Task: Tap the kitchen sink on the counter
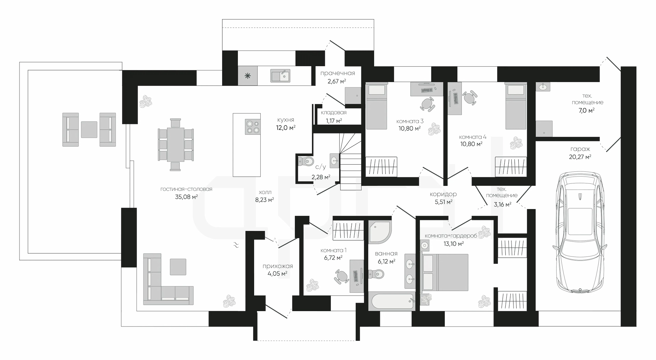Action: pyautogui.click(x=281, y=75)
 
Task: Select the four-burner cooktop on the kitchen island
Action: pyautogui.click(x=252, y=126)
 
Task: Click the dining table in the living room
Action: pyautogui.click(x=176, y=144)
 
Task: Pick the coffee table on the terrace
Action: pyautogui.click(x=89, y=129)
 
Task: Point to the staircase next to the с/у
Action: pyautogui.click(x=351, y=162)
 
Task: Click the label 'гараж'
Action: pyautogui.click(x=580, y=149)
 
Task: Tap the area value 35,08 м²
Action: pyautogui.click(x=186, y=197)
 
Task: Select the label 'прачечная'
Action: pyautogui.click(x=338, y=73)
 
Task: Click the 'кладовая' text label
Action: pyautogui.click(x=334, y=112)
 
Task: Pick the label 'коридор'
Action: pyautogui.click(x=443, y=194)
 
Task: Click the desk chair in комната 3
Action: pyautogui.click(x=427, y=103)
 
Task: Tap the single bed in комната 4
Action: pyautogui.click(x=516, y=107)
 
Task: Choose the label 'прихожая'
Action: pyautogui.click(x=277, y=266)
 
